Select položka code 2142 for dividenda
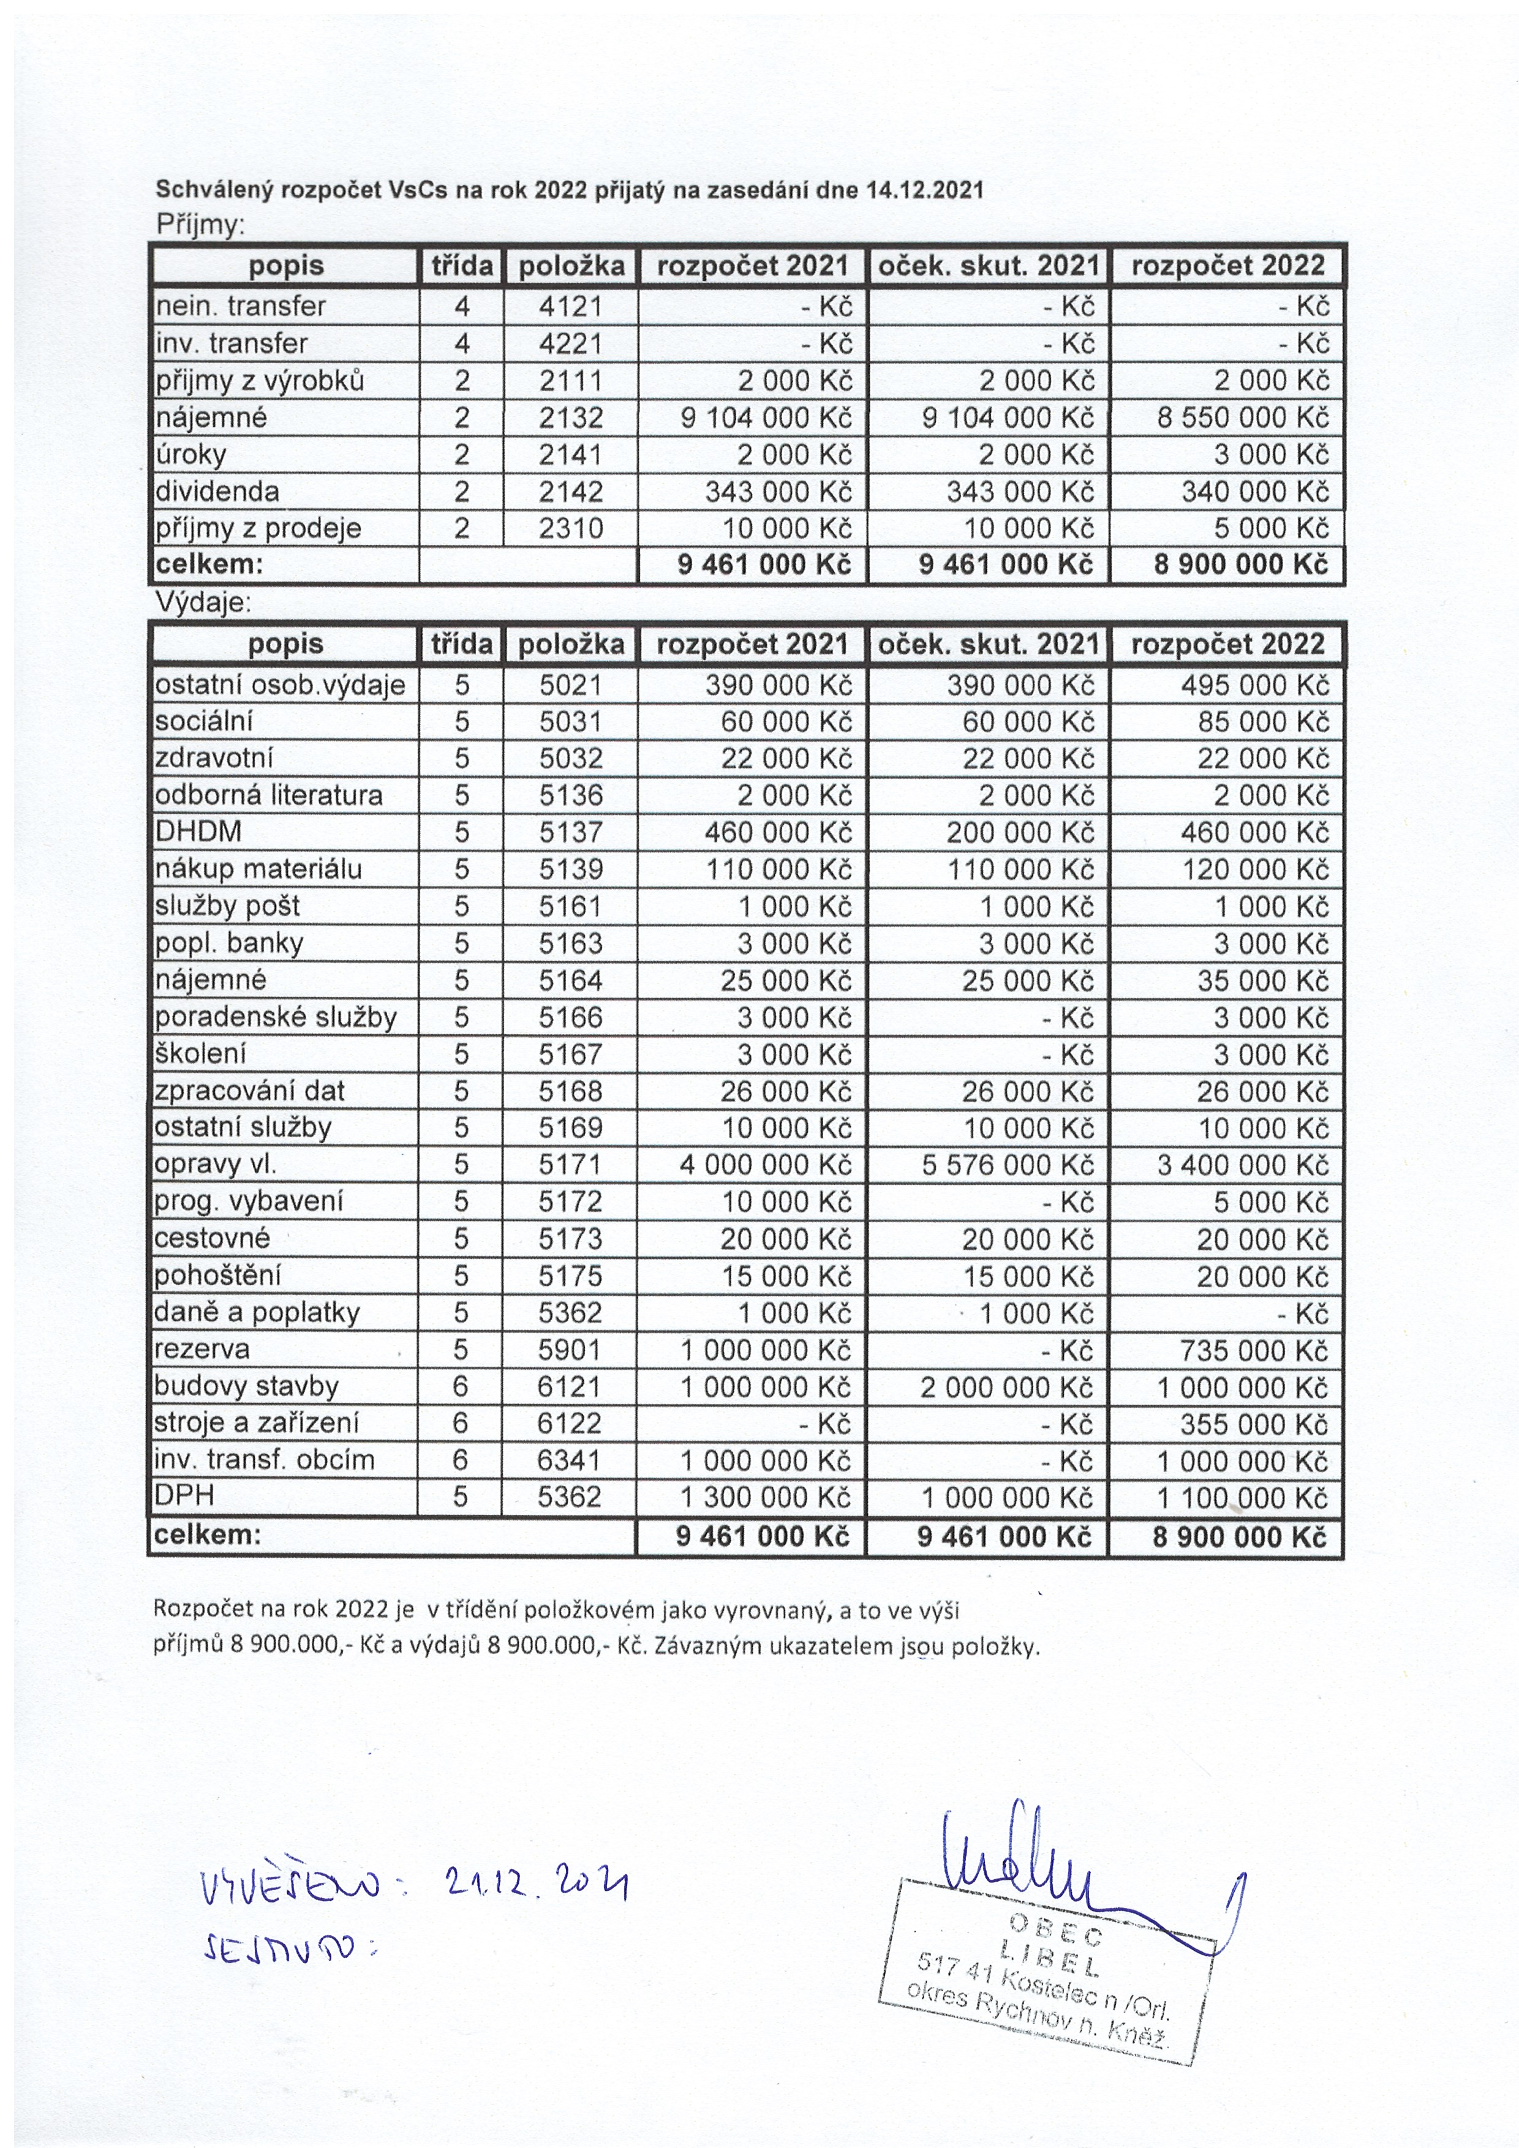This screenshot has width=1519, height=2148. click(570, 491)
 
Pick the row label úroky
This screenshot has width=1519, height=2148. click(191, 455)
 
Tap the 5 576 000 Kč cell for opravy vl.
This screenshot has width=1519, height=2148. click(1007, 1165)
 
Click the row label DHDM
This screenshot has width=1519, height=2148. click(198, 832)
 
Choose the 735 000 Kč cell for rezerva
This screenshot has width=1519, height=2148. click(1254, 1350)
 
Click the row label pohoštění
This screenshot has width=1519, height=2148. click(218, 1275)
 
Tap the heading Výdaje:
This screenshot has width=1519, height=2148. click(204, 603)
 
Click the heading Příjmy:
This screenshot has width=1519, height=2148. click(200, 225)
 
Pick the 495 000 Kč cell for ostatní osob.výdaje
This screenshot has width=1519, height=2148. click(1254, 685)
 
